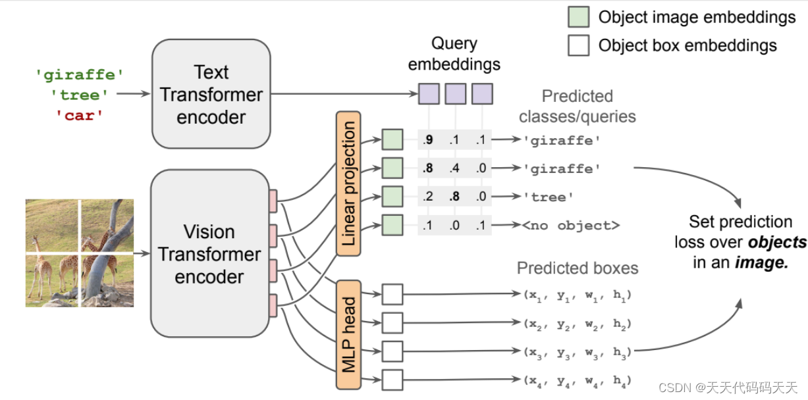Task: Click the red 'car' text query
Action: [80, 116]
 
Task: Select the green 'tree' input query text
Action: [80, 95]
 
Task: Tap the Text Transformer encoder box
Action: [211, 93]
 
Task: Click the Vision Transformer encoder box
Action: [210, 254]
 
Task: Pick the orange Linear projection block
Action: [348, 184]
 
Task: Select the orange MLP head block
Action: [348, 335]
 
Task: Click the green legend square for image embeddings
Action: [579, 17]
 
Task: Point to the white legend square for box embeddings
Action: [579, 45]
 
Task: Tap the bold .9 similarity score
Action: [428, 140]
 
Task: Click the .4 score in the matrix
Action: [454, 168]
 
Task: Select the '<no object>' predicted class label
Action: [571, 226]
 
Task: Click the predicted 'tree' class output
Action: [549, 197]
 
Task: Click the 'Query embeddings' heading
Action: [454, 54]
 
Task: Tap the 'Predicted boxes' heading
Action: [578, 268]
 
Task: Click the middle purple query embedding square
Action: [455, 94]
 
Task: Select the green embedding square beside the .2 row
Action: [392, 197]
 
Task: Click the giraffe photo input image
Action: [80, 253]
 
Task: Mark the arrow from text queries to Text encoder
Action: [133, 93]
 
